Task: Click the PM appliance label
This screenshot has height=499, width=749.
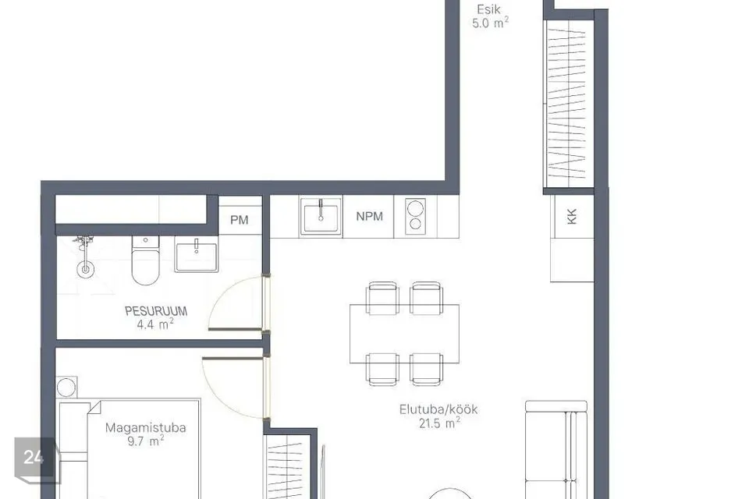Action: [x=240, y=220]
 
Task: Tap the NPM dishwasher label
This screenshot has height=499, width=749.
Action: [x=369, y=216]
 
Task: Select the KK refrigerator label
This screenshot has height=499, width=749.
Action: [x=572, y=216]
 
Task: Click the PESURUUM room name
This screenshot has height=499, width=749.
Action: [x=156, y=311]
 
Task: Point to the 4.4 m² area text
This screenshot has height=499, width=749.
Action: [x=155, y=324]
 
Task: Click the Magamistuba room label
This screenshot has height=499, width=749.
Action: [x=145, y=427]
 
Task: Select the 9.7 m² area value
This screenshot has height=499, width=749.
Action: [x=146, y=441]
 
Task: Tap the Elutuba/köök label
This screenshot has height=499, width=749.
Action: [x=438, y=409]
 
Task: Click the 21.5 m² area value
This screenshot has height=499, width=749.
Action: [x=439, y=423]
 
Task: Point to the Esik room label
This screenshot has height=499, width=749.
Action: [x=488, y=9]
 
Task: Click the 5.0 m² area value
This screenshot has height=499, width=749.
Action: [x=490, y=23]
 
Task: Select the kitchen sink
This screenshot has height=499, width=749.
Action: [x=321, y=217]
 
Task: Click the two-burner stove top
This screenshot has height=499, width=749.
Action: [x=415, y=216]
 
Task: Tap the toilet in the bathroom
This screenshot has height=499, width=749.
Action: [x=145, y=260]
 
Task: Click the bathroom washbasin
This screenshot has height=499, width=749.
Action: [x=196, y=254]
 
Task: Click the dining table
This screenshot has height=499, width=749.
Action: [x=405, y=334]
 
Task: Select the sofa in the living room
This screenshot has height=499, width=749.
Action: [x=556, y=450]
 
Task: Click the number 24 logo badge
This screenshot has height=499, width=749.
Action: [x=34, y=458]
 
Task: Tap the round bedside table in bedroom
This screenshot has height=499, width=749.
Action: [x=66, y=388]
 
